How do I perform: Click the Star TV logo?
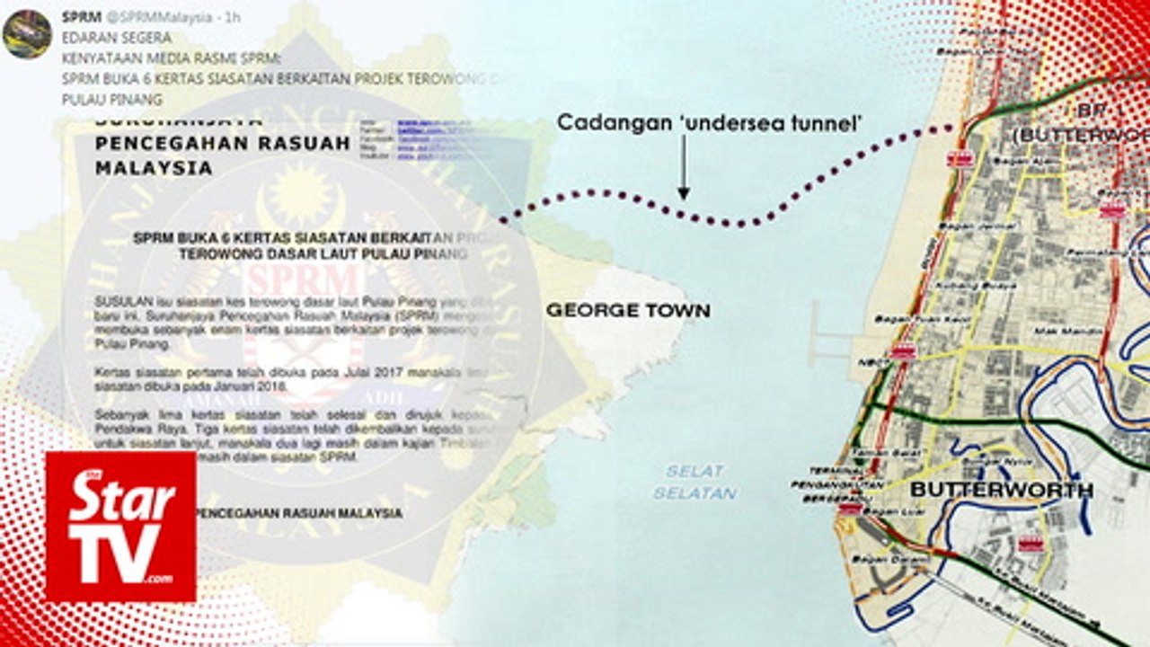(x=121, y=527)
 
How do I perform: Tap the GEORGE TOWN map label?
(x=628, y=311)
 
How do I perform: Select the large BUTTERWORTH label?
(x=1002, y=490)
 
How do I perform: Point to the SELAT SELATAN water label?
(x=694, y=483)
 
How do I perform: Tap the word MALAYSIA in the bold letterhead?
(x=154, y=168)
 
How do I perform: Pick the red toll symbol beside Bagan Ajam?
(x=960, y=159)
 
